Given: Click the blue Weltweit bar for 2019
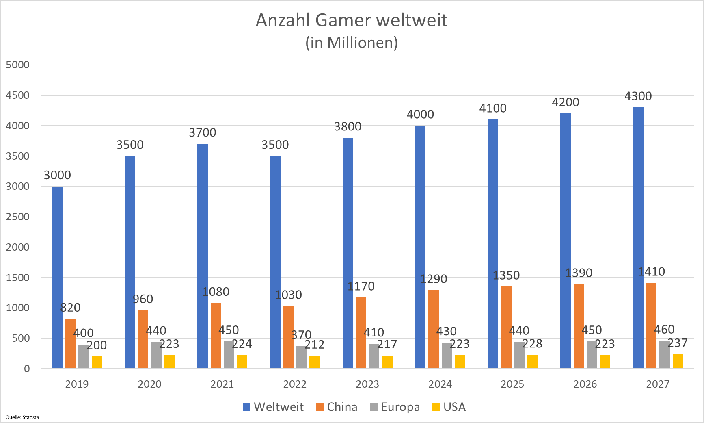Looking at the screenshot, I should [57, 278].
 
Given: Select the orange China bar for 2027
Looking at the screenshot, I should [651, 326].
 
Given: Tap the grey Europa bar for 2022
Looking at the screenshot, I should [301, 358].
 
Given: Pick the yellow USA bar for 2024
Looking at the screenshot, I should [460, 362].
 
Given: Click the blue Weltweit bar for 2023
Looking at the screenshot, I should [348, 253].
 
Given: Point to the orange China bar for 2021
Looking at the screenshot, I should [216, 336].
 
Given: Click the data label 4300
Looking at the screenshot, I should [638, 96].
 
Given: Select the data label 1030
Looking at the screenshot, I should [288, 295].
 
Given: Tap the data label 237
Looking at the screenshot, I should [677, 343].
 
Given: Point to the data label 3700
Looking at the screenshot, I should [202, 133].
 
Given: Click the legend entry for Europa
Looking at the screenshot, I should [395, 407].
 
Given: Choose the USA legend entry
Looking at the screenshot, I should [449, 407].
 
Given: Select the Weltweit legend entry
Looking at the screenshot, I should [273, 407].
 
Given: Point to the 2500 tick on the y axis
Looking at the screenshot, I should [18, 217].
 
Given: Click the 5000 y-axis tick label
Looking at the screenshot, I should [18, 65].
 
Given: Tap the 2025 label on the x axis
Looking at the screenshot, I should [512, 384].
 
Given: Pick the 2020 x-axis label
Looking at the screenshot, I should [149, 384].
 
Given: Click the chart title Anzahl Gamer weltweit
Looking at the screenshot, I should [352, 20].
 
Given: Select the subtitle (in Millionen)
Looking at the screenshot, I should [352, 43].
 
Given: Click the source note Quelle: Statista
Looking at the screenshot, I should [22, 417].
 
